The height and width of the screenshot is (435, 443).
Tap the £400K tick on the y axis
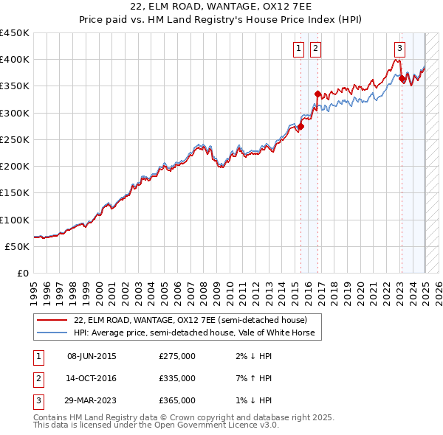pyautogui.click(x=15, y=60)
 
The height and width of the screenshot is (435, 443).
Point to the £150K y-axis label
pyautogui.click(x=15, y=193)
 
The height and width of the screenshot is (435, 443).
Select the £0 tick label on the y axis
pyautogui.click(x=22, y=274)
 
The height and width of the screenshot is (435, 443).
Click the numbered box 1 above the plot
pyautogui.click(x=299, y=49)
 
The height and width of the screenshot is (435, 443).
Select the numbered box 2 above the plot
pyautogui.click(x=315, y=49)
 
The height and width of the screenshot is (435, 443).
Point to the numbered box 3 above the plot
pyautogui.click(x=399, y=49)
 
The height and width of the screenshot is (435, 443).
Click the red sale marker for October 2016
pyautogui.click(x=317, y=94)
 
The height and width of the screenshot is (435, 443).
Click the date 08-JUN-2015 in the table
pyautogui.click(x=92, y=356)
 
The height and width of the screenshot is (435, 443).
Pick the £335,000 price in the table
pyautogui.click(x=177, y=378)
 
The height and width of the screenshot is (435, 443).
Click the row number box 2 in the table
pyautogui.click(x=38, y=378)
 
